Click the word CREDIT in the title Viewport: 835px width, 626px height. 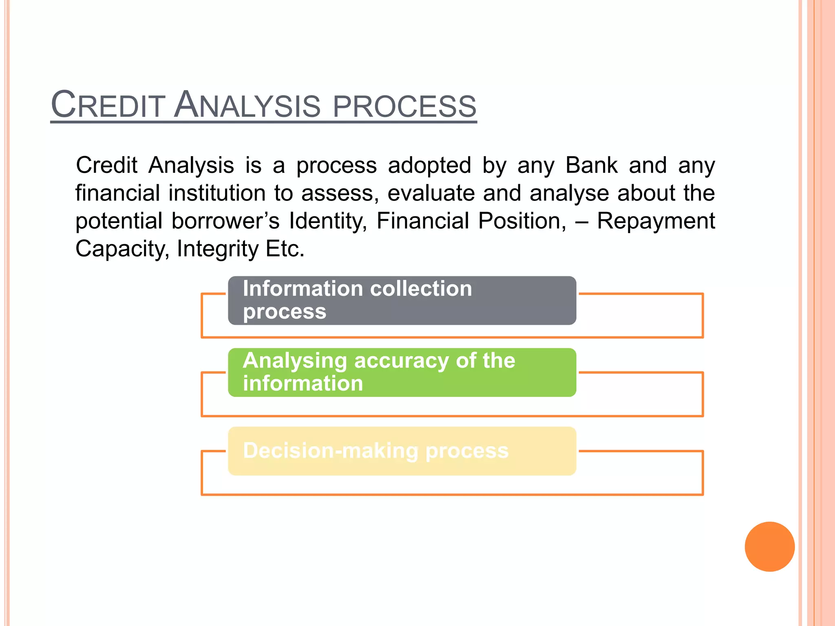pos(108,105)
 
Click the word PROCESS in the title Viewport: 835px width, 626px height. pos(404,106)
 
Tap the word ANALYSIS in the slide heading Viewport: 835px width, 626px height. pos(247,105)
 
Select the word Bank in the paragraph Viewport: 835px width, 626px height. pos(591,165)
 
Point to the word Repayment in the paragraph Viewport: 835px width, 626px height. pos(656,221)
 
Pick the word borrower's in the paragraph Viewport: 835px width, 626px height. pos(225,221)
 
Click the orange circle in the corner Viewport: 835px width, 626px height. pos(769,547)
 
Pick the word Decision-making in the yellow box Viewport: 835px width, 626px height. pos(331,451)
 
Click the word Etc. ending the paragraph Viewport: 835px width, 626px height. pos(285,249)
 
